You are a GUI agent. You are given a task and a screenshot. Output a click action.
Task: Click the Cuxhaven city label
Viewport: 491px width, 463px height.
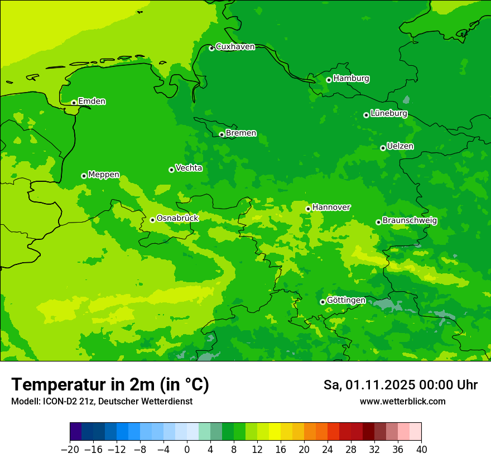pos(235,47)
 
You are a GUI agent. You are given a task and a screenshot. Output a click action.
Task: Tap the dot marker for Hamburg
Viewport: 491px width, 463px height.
pos(329,80)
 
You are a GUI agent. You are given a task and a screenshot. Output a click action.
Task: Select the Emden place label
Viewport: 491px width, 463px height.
pos(92,102)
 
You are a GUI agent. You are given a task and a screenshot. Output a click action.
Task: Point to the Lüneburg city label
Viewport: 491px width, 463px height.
pos(388,113)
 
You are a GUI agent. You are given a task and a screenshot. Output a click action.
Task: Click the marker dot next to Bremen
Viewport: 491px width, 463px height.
pos(222,134)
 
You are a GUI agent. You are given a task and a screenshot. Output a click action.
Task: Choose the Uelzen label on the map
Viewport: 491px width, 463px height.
pos(400,146)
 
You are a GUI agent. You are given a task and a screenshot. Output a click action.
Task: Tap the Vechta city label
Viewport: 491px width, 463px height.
pos(189,168)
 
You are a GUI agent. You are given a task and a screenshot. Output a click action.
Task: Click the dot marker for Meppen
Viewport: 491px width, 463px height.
pos(84,176)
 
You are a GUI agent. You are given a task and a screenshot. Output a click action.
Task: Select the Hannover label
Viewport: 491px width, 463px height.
pos(331,208)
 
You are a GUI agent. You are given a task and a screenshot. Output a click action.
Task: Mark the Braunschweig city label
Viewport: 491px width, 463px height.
pos(410,221)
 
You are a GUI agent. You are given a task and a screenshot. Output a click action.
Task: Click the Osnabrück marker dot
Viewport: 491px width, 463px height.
pos(152,220)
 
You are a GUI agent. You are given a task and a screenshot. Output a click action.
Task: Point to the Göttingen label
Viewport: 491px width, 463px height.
pos(346,301)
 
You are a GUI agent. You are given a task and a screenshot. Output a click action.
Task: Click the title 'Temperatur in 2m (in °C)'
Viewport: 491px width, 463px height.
pos(110,384)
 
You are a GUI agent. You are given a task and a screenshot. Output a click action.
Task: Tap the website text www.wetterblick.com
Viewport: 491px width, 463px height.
pos(402,402)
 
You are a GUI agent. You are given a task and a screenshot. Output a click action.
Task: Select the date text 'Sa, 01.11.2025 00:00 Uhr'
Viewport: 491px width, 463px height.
pos(400,385)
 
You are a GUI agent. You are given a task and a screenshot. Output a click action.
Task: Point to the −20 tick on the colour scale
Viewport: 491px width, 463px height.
pos(70,450)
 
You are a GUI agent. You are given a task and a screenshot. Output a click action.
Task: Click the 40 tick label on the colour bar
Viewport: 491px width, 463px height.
pos(421,450)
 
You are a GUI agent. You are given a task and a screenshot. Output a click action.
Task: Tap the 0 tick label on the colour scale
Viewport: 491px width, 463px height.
pos(187,450)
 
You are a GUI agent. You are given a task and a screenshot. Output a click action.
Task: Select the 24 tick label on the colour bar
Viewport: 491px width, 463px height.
pos(328,450)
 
